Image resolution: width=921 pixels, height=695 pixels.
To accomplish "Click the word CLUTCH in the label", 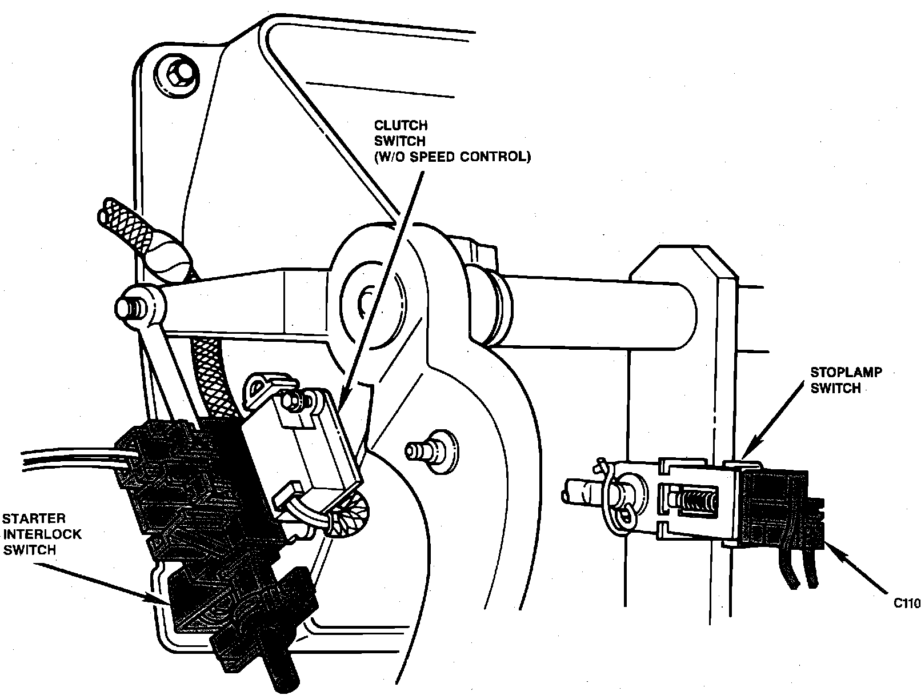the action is (401, 125).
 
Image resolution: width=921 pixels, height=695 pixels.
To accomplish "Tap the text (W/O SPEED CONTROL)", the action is (453, 157).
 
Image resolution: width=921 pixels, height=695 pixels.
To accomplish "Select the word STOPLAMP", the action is (846, 372).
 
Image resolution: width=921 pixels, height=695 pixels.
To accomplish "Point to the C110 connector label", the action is (907, 603).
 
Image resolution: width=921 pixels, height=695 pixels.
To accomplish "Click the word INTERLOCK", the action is (42, 534).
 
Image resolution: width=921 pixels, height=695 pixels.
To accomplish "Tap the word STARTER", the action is (34, 518).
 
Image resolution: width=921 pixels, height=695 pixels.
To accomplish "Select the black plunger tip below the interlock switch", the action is (283, 678).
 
